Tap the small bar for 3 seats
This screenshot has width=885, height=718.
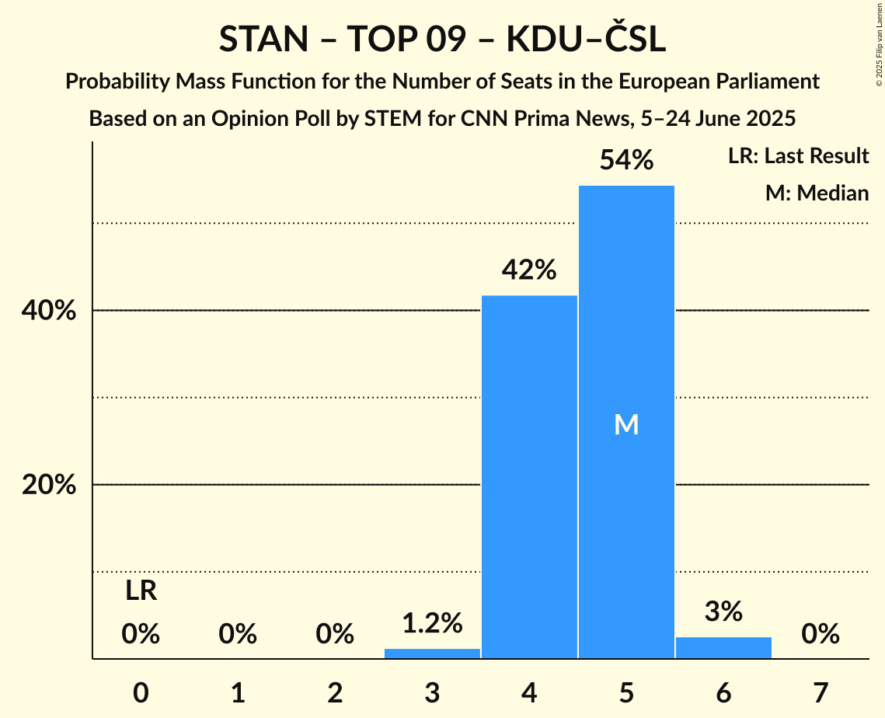tap(432, 654)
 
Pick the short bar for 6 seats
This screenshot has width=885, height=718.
tap(723, 648)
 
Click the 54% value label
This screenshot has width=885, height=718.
tap(626, 160)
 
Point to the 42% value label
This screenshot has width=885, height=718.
tap(529, 270)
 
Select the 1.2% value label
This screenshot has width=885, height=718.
tap(432, 622)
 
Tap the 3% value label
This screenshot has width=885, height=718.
tap(723, 612)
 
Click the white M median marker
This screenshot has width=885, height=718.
tap(626, 424)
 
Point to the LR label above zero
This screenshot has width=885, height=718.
tap(141, 591)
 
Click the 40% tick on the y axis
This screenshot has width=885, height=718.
tap(48, 311)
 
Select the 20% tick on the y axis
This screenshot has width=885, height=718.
tap(48, 485)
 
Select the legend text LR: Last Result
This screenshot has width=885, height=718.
tap(798, 156)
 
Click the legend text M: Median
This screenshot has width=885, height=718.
tap(817, 193)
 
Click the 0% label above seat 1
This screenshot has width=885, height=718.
tap(238, 634)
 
